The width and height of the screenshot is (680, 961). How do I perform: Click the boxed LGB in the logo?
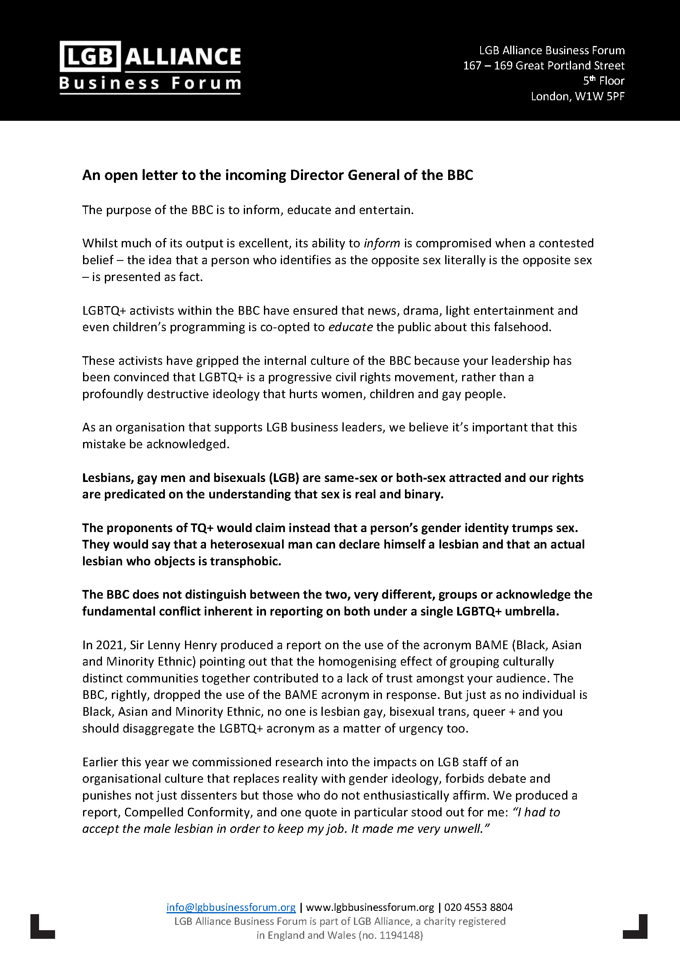pyautogui.click(x=90, y=56)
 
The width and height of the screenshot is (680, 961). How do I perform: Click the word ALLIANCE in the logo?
pyautogui.click(x=183, y=57)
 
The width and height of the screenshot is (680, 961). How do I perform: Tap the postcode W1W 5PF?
pyautogui.click(x=599, y=96)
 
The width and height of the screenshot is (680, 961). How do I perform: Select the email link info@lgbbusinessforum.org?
pyautogui.click(x=231, y=907)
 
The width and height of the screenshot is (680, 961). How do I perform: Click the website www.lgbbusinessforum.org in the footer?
pyautogui.click(x=370, y=907)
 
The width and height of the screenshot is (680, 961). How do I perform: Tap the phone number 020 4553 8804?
pyautogui.click(x=478, y=907)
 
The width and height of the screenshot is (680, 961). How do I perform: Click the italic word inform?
pyautogui.click(x=382, y=243)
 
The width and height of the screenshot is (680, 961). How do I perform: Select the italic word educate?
pyautogui.click(x=350, y=327)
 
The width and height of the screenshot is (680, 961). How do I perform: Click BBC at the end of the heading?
pyautogui.click(x=460, y=175)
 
